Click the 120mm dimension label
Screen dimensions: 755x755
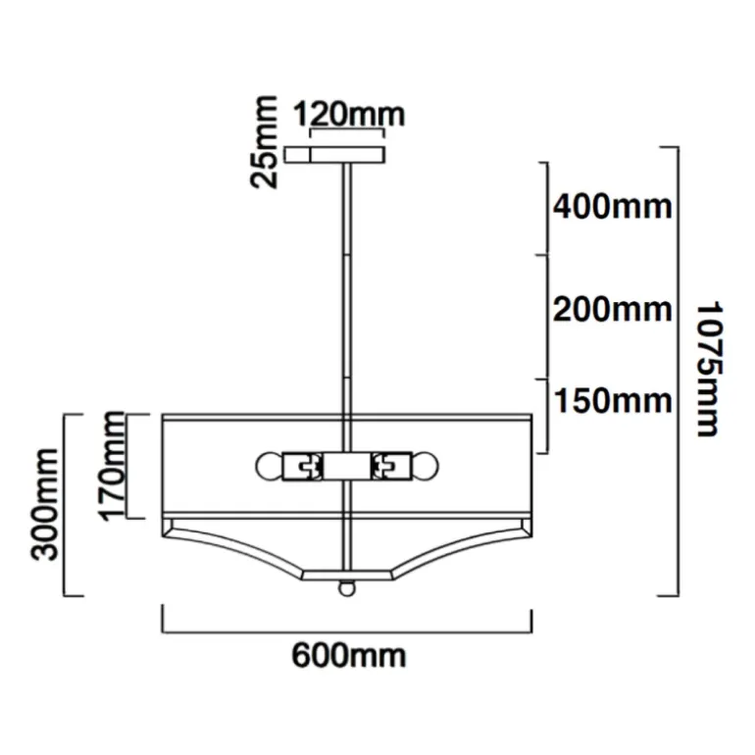(x=349, y=115)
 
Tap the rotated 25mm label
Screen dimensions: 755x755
(x=265, y=141)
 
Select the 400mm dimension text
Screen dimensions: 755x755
(x=612, y=207)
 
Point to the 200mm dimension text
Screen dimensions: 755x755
(x=612, y=309)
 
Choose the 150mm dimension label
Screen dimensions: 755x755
(x=613, y=401)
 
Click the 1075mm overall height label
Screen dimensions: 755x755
(x=710, y=369)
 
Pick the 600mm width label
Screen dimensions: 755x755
(x=349, y=655)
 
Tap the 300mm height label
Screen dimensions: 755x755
(x=44, y=505)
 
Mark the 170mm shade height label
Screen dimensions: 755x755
(x=111, y=466)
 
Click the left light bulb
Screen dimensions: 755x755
(x=269, y=466)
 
